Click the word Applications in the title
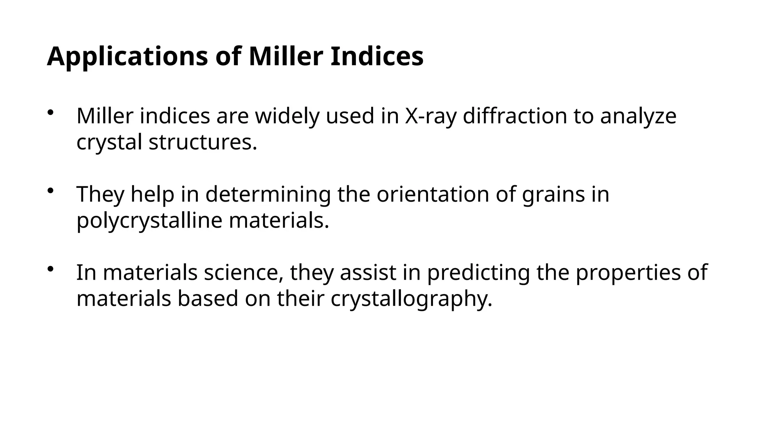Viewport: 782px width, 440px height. pyautogui.click(x=128, y=57)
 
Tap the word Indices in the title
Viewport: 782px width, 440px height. pyautogui.click(x=376, y=56)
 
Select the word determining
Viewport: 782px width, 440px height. pyautogui.click(x=268, y=195)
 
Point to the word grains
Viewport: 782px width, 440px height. pyautogui.click(x=553, y=195)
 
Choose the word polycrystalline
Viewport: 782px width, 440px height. pyautogui.click(x=149, y=221)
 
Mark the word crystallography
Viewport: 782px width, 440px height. pyautogui.click(x=411, y=299)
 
